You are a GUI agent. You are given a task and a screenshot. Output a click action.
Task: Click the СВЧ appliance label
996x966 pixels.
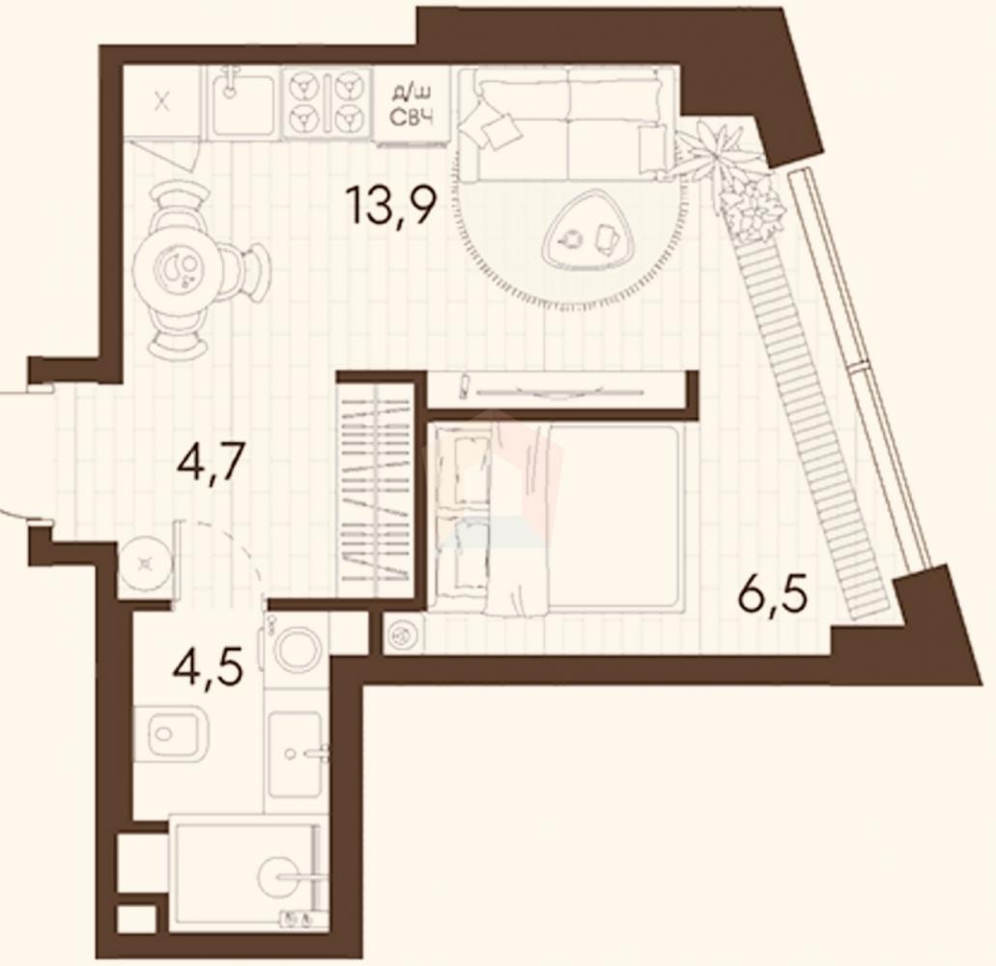[411, 118]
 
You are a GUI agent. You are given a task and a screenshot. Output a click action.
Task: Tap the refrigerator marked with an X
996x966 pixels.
[162, 101]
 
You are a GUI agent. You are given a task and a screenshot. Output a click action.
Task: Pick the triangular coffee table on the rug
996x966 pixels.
[587, 227]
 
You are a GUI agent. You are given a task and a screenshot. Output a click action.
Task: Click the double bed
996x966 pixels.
[556, 519]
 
